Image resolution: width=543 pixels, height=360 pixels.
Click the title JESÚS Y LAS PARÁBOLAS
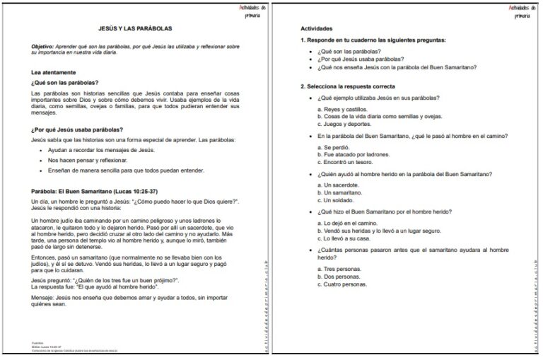[x=134, y=29]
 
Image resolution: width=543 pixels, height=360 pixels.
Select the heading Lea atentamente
[x=54, y=72]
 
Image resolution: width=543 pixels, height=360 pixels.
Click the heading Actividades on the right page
[x=316, y=29]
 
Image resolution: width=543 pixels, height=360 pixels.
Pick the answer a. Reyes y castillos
[x=341, y=109]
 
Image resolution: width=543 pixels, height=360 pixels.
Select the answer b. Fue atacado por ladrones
[x=353, y=153]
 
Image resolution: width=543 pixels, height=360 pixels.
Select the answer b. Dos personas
[x=341, y=277]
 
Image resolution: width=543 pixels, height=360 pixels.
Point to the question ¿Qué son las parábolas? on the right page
[x=349, y=52]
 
